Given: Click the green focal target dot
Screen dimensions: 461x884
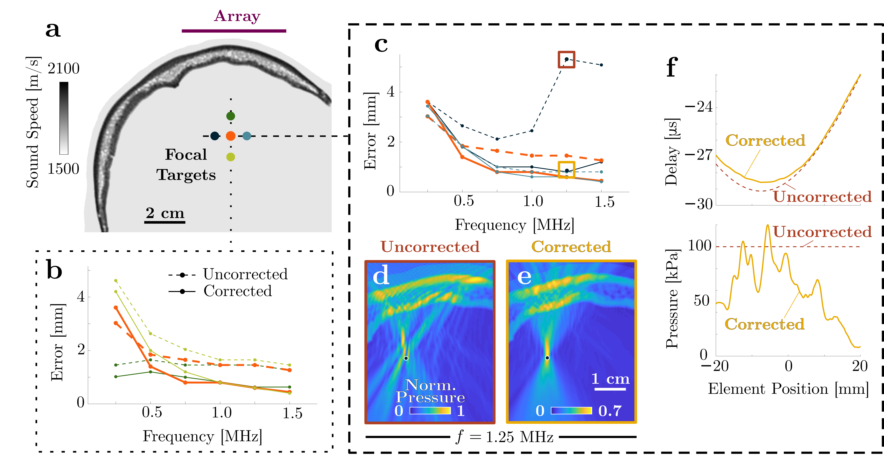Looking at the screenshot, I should [x=231, y=116].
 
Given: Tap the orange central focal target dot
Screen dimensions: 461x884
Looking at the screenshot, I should [x=231, y=136].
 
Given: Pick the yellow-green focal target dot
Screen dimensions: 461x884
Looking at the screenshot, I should [x=231, y=157].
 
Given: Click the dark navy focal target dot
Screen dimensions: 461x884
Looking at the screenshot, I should [x=215, y=136].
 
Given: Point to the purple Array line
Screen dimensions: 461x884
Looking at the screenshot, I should [x=234, y=31].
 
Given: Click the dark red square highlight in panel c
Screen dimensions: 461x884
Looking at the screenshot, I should [x=566, y=60].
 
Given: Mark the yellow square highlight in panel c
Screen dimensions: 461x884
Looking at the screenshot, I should [x=566, y=170].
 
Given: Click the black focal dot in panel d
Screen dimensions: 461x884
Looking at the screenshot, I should [x=406, y=358].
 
